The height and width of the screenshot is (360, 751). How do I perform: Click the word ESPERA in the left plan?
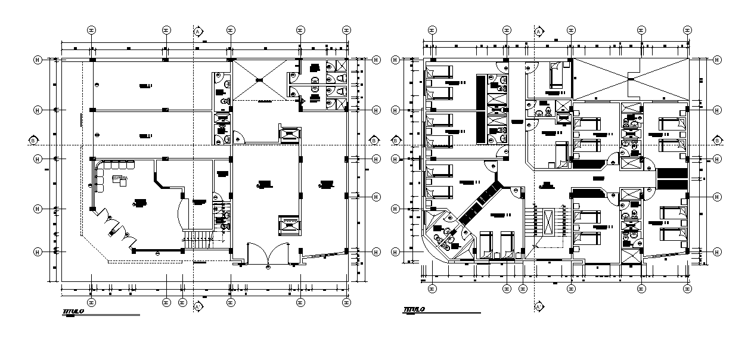click(119, 178)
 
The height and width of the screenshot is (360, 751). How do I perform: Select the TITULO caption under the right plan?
click(414, 309)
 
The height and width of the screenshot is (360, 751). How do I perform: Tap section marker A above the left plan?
click(197, 31)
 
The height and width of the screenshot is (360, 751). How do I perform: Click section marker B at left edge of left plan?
click(33, 141)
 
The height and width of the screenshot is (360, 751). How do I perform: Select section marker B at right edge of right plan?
click(716, 141)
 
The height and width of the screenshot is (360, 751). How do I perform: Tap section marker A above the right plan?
click(538, 31)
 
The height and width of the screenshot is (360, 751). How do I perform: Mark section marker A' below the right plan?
click(538, 306)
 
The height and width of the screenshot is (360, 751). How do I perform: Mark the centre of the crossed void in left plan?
click(259, 80)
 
